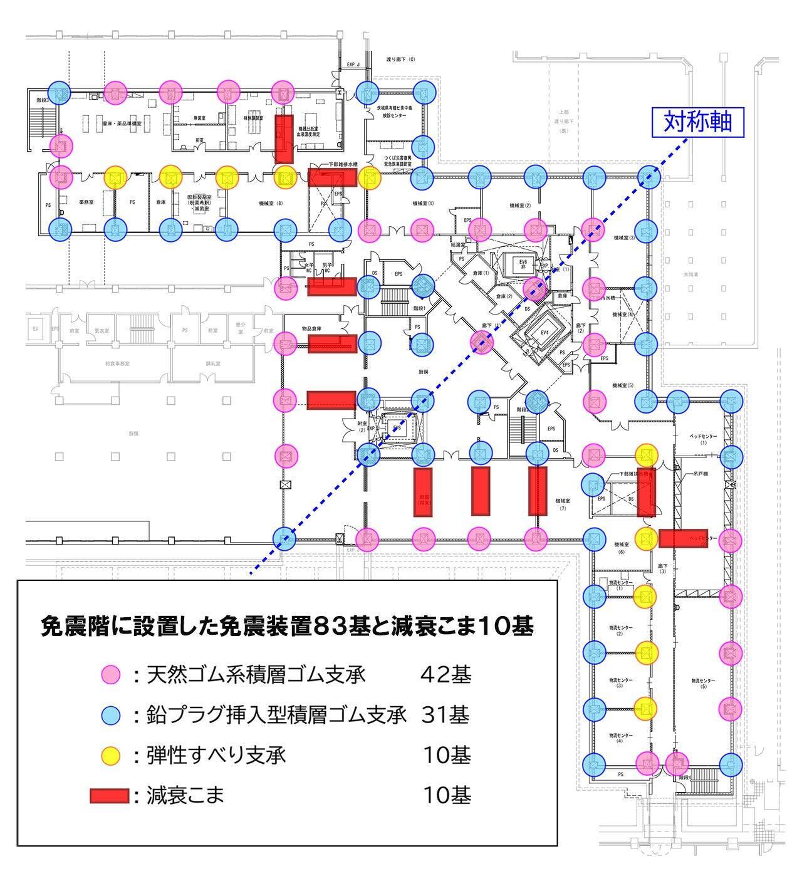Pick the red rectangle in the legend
pyautogui.click(x=109, y=796)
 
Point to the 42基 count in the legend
pyautogui.click(x=445, y=675)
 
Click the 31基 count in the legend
pyautogui.click(x=445, y=715)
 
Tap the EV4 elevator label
pyautogui.click(x=544, y=332)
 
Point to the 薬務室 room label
pyautogui.click(x=86, y=203)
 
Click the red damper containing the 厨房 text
pyautogui.click(x=423, y=492)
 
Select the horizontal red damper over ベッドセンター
pyautogui.click(x=684, y=538)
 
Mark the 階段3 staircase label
pyautogui.click(x=42, y=100)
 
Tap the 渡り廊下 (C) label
pyautogui.click(x=400, y=60)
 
